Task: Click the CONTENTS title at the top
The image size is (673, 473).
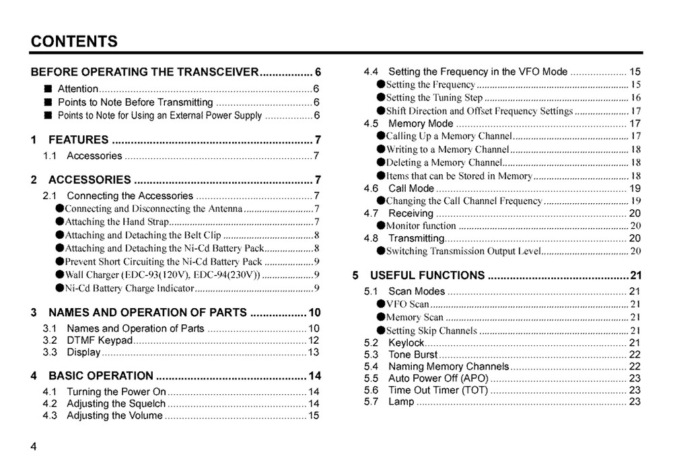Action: tap(74, 41)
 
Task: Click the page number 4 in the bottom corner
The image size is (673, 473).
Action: tap(34, 449)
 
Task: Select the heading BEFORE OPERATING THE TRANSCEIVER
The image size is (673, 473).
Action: tap(145, 72)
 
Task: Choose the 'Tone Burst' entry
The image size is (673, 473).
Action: tap(413, 355)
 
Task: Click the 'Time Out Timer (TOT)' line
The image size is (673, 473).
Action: tap(438, 390)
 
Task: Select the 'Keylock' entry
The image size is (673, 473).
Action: tap(406, 342)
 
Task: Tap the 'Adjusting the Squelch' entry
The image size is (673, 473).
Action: tap(116, 404)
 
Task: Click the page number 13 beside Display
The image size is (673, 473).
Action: tap(314, 353)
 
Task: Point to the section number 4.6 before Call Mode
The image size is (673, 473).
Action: tap(371, 188)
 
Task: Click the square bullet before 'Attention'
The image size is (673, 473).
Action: tap(48, 89)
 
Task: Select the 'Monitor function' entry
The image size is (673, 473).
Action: tap(421, 226)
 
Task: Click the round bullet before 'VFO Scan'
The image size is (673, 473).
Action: tap(381, 304)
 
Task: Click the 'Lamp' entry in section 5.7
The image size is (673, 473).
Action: tap(401, 402)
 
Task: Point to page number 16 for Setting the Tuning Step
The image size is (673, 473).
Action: tap(635, 98)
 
